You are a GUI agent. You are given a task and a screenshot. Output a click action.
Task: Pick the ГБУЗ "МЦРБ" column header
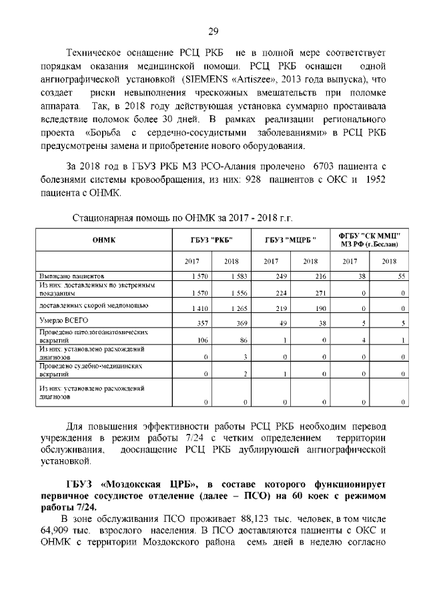pos(290,241)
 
